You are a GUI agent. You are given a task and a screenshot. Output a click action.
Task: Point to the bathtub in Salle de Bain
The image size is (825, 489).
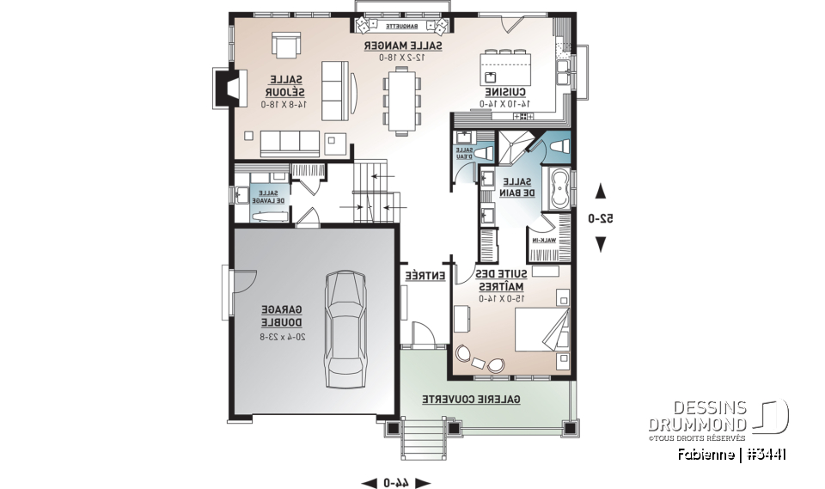559,188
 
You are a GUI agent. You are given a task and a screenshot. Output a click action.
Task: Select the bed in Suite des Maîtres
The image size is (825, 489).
540,332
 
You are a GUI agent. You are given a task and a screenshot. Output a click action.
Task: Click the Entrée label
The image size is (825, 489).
425,276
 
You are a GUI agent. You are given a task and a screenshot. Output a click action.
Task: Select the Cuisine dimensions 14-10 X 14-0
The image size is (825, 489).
504,104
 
